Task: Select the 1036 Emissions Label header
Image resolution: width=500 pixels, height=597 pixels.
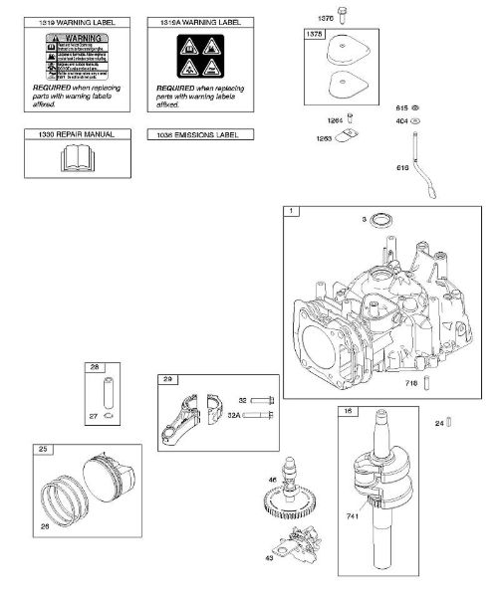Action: [199, 134]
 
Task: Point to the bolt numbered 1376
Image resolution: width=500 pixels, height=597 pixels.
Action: [341, 16]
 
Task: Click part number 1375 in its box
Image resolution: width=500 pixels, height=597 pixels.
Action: [316, 33]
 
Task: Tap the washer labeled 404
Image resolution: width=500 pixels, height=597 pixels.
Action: [415, 120]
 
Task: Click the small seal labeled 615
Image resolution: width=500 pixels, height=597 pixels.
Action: [415, 106]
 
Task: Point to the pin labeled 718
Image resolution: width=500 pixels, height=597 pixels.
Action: [425, 381]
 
